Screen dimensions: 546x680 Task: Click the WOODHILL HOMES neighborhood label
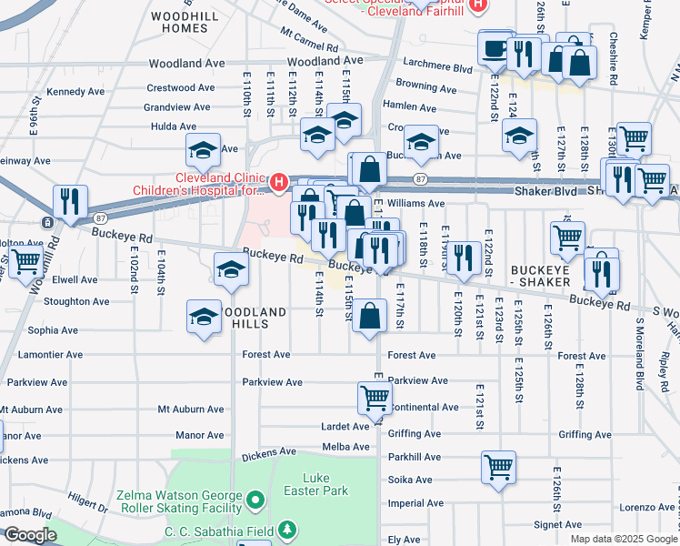tap(179, 23)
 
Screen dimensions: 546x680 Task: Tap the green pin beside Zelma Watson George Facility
tap(256, 500)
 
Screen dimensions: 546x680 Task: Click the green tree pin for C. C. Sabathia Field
tap(287, 530)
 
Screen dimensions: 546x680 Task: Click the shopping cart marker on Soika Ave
tap(498, 468)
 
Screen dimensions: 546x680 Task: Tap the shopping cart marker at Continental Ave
tap(375, 398)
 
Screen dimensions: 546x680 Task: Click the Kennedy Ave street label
tap(75, 92)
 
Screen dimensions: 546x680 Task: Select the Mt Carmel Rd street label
tap(309, 40)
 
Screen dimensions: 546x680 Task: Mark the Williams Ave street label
tap(415, 204)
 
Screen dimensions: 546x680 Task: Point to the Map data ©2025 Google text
tap(623, 539)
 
